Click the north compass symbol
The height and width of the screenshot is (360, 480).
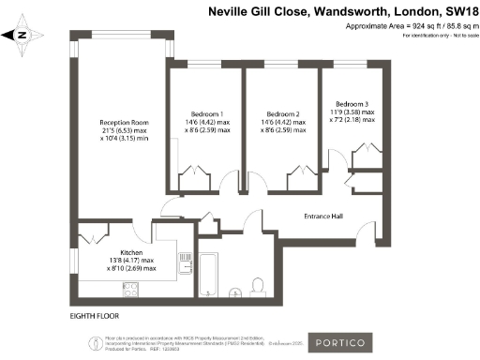pyautogui.click(x=24, y=36)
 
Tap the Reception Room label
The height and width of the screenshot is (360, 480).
pyautogui.click(x=126, y=123)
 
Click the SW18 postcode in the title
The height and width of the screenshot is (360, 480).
pyautogui.click(x=457, y=10)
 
